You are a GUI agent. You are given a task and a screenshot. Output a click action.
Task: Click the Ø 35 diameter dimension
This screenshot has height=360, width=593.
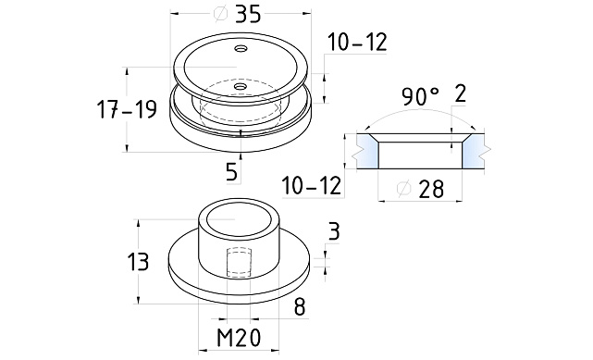(237, 15)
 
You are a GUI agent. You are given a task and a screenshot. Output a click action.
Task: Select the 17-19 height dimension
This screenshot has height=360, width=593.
(127, 109)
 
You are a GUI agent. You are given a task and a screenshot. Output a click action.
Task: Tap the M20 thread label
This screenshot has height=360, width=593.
(239, 337)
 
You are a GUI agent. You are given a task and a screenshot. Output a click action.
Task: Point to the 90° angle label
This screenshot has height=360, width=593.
(421, 96)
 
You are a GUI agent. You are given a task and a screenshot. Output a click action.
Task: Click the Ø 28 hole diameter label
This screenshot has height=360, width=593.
(420, 189)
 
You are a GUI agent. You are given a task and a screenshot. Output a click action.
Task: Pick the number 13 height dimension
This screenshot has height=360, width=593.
(138, 262)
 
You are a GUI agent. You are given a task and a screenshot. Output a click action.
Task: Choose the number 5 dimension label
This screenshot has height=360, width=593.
(231, 172)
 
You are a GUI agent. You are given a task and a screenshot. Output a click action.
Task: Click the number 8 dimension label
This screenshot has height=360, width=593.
(300, 306)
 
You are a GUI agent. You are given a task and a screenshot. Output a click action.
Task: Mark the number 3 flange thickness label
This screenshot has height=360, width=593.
(334, 231)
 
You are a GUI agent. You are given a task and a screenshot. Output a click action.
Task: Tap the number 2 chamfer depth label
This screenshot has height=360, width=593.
(460, 93)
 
